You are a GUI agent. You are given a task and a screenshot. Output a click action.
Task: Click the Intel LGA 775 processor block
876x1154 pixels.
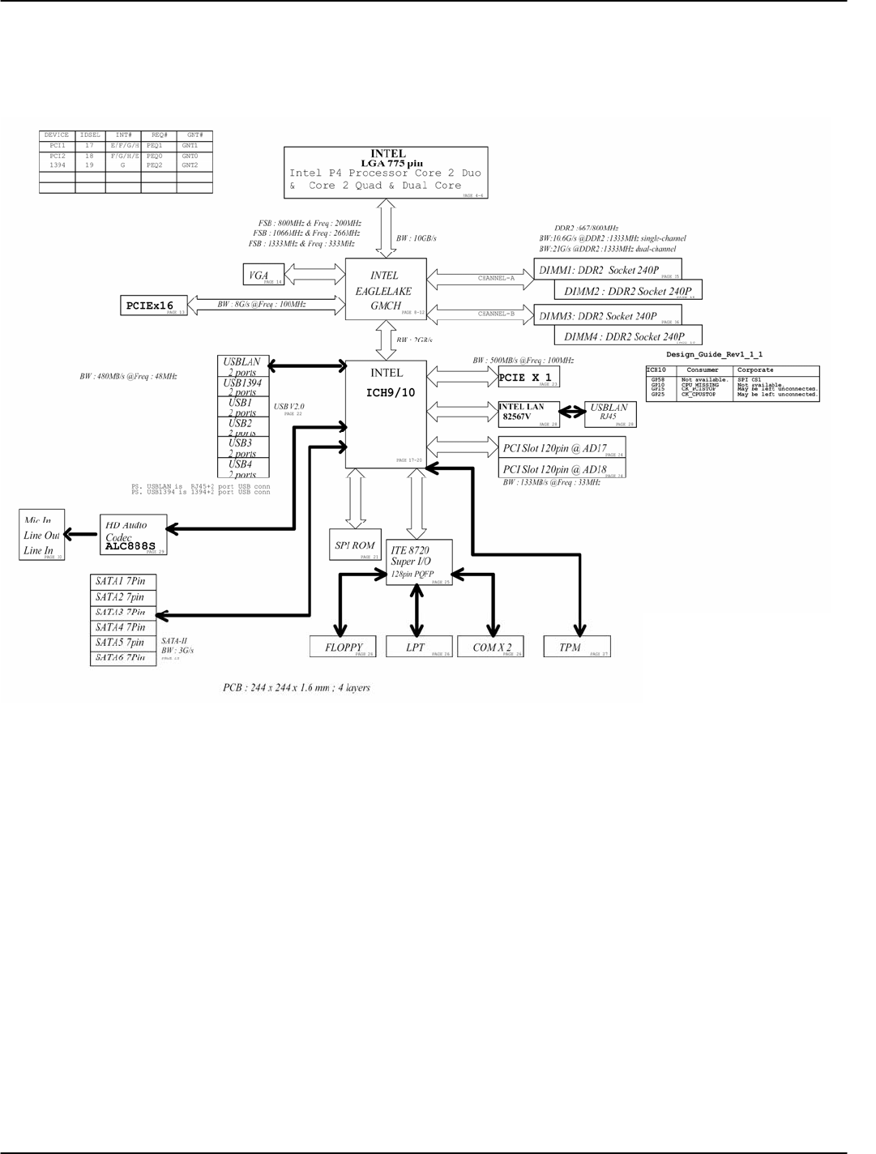click(386, 172)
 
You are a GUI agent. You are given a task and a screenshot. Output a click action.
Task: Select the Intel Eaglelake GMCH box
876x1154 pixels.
click(386, 288)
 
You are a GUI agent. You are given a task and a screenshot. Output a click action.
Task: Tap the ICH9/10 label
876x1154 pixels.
click(391, 393)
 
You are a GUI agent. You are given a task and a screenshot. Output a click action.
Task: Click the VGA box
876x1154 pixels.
click(263, 276)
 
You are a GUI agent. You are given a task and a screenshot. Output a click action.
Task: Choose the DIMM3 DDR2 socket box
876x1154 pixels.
click(608, 316)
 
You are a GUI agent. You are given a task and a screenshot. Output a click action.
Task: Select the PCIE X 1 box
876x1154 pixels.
click(528, 378)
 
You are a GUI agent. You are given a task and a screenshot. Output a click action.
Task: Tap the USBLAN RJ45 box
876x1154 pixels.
click(609, 412)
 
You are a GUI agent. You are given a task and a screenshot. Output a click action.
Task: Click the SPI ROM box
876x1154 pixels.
click(355, 546)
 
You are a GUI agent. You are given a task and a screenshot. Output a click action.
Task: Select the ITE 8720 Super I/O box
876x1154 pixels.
click(418, 562)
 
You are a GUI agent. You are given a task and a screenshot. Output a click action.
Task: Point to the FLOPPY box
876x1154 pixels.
click(343, 647)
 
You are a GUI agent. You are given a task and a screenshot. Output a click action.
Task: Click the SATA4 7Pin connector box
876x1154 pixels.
click(122, 627)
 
